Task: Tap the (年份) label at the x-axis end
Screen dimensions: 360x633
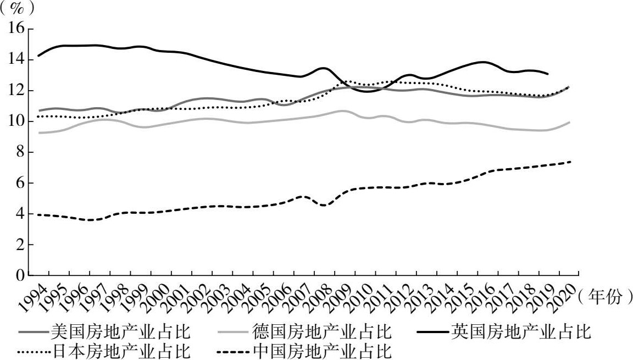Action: coord(603,297)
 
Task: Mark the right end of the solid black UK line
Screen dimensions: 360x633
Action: coord(547,74)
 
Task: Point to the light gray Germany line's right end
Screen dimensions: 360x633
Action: coord(569,122)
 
